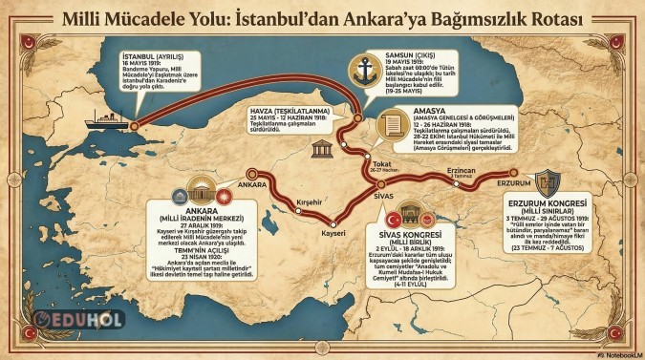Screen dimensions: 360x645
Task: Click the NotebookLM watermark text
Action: point(615,354)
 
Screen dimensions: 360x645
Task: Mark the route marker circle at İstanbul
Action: point(133,124)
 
